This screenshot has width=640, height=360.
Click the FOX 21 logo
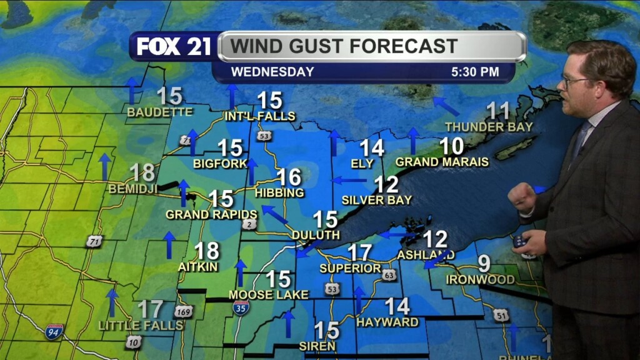[x=173, y=47]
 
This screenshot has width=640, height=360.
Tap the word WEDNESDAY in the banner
[x=272, y=72]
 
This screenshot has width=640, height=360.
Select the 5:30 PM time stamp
[x=475, y=72]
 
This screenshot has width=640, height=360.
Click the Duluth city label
[x=316, y=235]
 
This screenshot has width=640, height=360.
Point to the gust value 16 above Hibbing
[x=289, y=177]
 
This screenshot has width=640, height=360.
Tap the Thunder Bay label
[x=489, y=127]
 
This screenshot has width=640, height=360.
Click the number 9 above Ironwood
[x=484, y=263]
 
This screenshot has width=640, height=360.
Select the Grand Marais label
[x=442, y=162]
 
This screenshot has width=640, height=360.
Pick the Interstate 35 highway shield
[x=241, y=307]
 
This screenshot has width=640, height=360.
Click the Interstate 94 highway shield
[x=54, y=331]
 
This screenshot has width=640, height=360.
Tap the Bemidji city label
[x=132, y=188]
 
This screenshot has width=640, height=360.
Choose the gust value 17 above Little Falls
[x=150, y=309]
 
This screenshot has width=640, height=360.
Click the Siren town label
[x=317, y=346]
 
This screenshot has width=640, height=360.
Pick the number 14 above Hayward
[x=397, y=306]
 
